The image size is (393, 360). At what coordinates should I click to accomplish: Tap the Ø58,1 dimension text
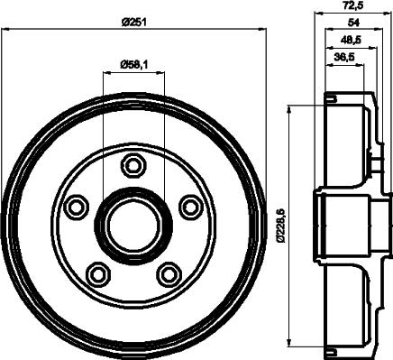[x=134, y=63]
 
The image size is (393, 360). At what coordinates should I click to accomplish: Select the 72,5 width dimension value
[x=353, y=5]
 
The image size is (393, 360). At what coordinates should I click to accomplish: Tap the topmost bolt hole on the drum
[x=134, y=165]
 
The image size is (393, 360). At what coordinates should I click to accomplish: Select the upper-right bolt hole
[x=189, y=207]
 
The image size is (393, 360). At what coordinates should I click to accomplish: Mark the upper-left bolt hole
[x=78, y=207]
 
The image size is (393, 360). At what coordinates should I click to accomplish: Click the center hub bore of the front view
[x=134, y=226]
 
